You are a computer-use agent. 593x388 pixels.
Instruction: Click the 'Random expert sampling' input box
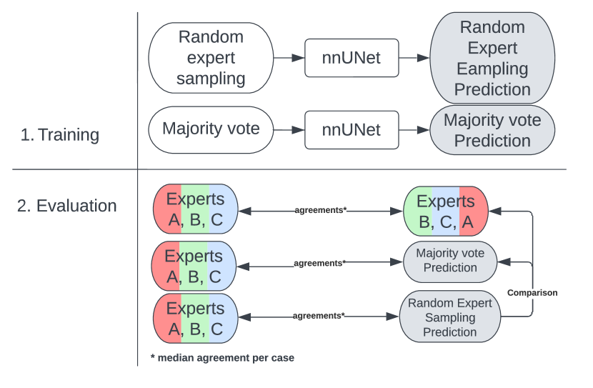[211, 58]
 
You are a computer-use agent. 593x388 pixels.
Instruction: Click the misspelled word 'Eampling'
[492, 69]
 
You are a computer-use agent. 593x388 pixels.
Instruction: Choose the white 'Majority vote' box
[211, 130]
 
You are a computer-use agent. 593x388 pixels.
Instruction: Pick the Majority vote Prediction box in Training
[492, 130]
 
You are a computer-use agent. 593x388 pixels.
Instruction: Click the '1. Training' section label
[60, 134]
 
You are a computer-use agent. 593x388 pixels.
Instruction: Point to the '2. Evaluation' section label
[66, 206]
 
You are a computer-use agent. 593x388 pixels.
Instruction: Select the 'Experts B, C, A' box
[445, 212]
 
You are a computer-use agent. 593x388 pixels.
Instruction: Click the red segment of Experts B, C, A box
[473, 212]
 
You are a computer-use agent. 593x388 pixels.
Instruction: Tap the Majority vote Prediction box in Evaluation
[450, 261]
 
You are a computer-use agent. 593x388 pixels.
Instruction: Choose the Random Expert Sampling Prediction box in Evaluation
[450, 317]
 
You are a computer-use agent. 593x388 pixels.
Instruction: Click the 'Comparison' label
[532, 292]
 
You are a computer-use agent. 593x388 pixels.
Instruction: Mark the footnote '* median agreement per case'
[221, 357]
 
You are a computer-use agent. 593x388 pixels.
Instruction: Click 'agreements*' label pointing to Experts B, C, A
[320, 210]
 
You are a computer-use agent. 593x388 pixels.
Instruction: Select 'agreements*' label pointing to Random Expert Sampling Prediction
[319, 315]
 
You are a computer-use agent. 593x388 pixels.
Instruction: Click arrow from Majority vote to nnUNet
[289, 130]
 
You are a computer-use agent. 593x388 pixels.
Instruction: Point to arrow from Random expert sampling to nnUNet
[289, 58]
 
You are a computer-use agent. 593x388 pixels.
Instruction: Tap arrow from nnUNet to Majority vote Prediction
[413, 130]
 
